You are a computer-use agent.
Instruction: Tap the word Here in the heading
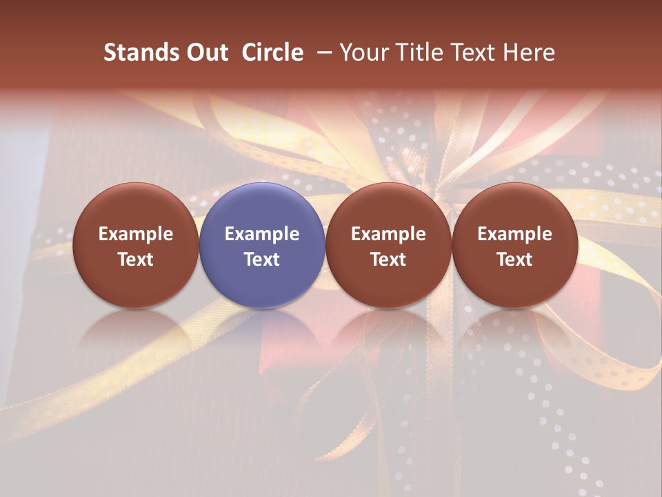(x=530, y=52)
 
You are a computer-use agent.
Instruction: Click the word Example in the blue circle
(x=262, y=234)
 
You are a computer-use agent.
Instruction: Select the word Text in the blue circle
(x=262, y=260)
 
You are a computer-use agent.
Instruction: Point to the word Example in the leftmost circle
(x=136, y=234)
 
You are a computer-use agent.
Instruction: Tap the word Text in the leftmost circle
(x=136, y=260)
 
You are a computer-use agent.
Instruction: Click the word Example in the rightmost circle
(x=515, y=234)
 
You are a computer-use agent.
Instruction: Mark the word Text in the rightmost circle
(x=515, y=260)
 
